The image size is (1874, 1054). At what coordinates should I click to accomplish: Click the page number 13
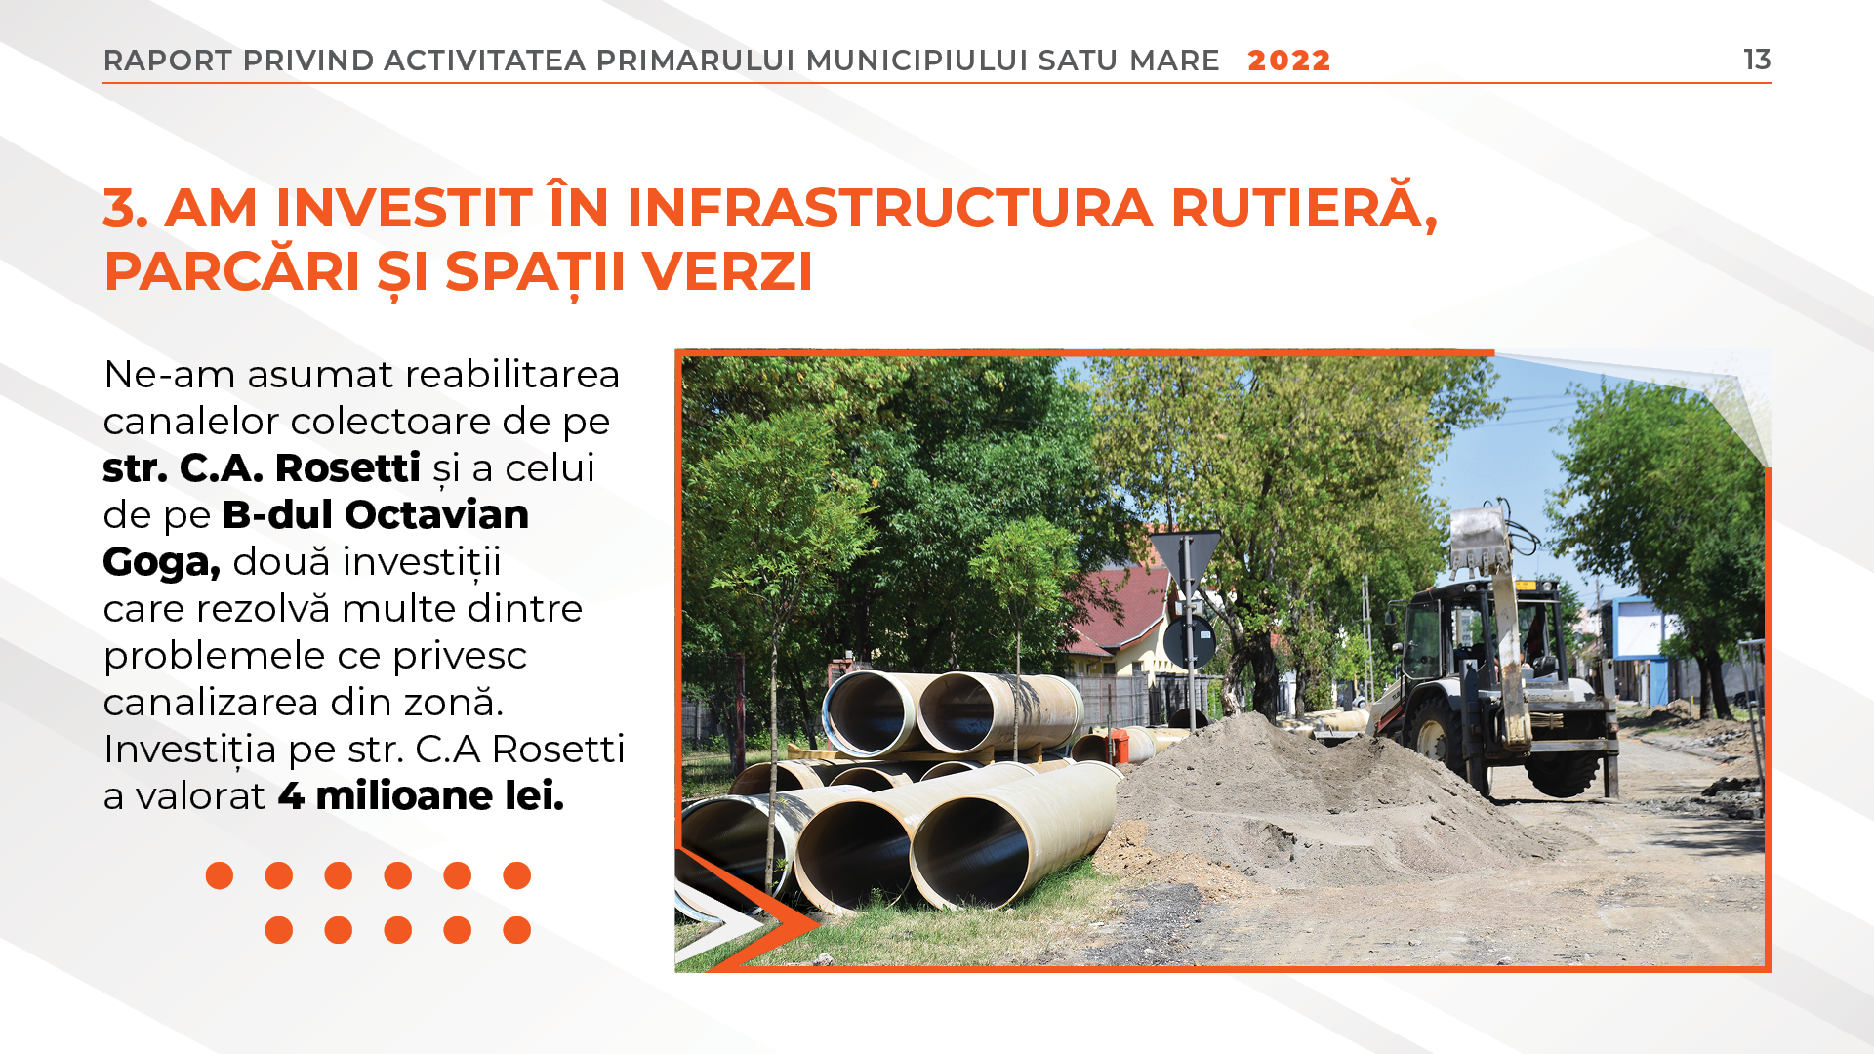[x=1757, y=60]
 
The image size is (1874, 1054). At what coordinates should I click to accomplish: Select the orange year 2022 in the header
[x=1289, y=61]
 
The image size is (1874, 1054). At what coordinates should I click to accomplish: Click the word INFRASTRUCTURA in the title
[x=889, y=208]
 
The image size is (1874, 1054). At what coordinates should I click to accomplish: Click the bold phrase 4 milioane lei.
[x=421, y=796]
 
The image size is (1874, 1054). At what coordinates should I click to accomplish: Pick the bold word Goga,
[x=162, y=563]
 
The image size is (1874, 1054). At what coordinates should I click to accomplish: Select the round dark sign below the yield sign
[x=1189, y=641]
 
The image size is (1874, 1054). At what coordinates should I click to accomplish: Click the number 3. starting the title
[x=126, y=208]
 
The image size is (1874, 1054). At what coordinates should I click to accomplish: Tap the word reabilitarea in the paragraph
[x=512, y=375]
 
